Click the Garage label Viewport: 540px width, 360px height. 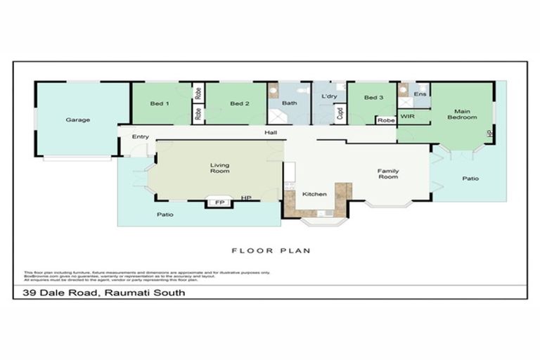point(77,120)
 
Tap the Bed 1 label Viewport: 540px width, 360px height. point(160,103)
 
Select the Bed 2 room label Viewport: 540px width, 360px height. point(239,103)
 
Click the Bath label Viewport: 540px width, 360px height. point(289,103)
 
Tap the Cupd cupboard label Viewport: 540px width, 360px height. point(340,112)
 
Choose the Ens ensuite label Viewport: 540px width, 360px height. point(420,94)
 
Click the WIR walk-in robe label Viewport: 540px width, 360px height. point(408,115)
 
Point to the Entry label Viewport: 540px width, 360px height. point(141,136)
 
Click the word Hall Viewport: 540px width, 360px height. point(271,132)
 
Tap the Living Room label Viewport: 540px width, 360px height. point(220,169)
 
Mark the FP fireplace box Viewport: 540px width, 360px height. point(219,202)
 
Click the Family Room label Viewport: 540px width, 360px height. point(387,173)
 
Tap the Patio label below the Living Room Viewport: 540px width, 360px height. point(165,214)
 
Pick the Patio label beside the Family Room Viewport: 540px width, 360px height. point(470,179)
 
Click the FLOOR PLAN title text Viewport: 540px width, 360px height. point(271,250)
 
